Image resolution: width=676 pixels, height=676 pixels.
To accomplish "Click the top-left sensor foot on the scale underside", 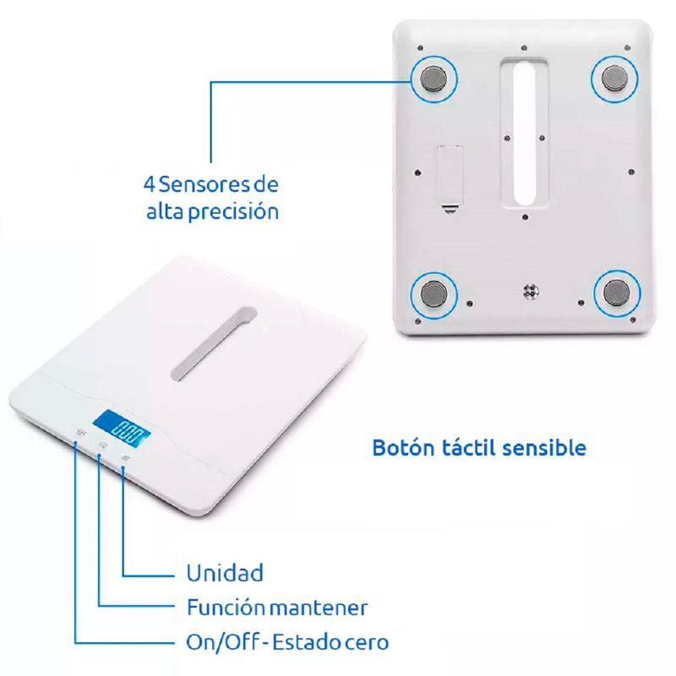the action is pos(434,79).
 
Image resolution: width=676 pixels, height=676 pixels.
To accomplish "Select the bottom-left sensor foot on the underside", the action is pos(433,293).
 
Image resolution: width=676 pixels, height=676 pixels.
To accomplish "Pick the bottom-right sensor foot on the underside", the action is pos(616,293).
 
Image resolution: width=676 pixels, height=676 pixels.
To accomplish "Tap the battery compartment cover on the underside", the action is pos(450,177).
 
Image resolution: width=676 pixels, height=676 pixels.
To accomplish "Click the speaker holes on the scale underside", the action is pos(531,292).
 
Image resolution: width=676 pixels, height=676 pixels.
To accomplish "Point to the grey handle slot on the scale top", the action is pos(214,343).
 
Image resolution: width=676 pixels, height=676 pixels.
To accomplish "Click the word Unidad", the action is pos(225,573).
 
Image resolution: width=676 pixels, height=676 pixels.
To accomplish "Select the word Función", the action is pos(226,607).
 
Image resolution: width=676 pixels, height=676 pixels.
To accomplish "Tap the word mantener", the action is pos(319,608).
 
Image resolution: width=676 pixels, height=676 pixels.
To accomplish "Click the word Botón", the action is pos(403,447).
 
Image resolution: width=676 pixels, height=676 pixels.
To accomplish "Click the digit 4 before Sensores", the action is pos(150,184).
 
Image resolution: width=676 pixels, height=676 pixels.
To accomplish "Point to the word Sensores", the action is pos(204,184).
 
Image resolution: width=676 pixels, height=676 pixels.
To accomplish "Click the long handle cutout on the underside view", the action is pos(524,133).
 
